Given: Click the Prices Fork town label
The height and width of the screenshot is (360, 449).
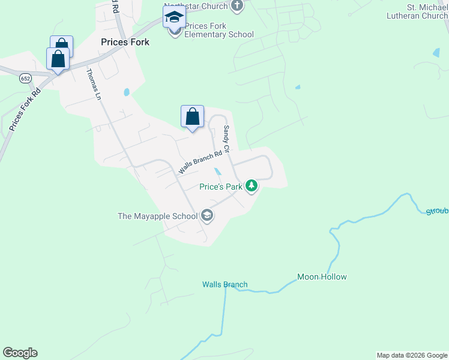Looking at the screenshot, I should [x=125, y=43].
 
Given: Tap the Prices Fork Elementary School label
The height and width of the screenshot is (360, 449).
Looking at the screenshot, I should [x=219, y=30].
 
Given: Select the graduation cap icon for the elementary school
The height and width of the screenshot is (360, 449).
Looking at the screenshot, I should [x=174, y=17].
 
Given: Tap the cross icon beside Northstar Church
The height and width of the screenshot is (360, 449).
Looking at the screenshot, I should [x=238, y=6].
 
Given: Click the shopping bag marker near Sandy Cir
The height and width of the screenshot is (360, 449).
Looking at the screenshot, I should [x=192, y=116].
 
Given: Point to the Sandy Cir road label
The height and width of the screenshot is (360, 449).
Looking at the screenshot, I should [x=227, y=139].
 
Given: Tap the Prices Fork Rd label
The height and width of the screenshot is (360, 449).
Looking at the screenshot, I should [x=25, y=109].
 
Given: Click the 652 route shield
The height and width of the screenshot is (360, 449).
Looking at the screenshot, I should [x=25, y=79].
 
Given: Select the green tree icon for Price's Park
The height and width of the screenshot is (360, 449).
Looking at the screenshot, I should [x=251, y=186].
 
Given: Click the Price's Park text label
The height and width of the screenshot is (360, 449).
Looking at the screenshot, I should [x=221, y=187].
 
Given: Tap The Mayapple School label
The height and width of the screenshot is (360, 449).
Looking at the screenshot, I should [x=157, y=216].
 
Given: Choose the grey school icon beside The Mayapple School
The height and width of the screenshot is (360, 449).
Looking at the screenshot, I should [x=207, y=215].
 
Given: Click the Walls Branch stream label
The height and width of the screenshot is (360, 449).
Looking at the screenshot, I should [x=224, y=284].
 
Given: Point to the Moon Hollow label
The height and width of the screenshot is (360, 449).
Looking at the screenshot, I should [x=322, y=277].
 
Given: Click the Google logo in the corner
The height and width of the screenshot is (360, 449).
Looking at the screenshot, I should [x=20, y=353].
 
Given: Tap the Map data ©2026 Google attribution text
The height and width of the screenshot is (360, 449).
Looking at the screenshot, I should [x=412, y=355].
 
